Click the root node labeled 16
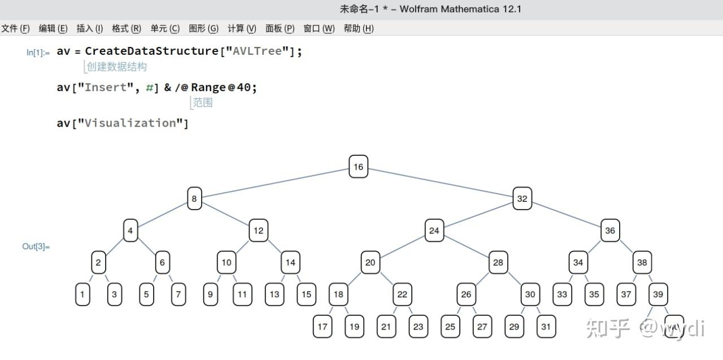tap(358, 167)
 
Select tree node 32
tap(522, 198)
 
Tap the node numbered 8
tap(194, 198)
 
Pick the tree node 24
tap(434, 231)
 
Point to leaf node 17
tap(323, 326)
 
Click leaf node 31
tap(546, 326)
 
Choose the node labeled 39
tap(658, 294)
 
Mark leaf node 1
tap(82, 294)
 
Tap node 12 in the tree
tap(258, 231)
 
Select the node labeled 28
tap(498, 262)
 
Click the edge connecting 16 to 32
tap(441, 183)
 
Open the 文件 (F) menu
tap(15, 28)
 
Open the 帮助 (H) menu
tap(359, 28)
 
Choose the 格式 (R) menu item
tap(127, 28)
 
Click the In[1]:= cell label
tap(38, 53)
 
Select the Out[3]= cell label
tap(36, 246)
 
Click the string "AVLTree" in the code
tap(257, 51)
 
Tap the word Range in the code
tap(209, 88)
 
